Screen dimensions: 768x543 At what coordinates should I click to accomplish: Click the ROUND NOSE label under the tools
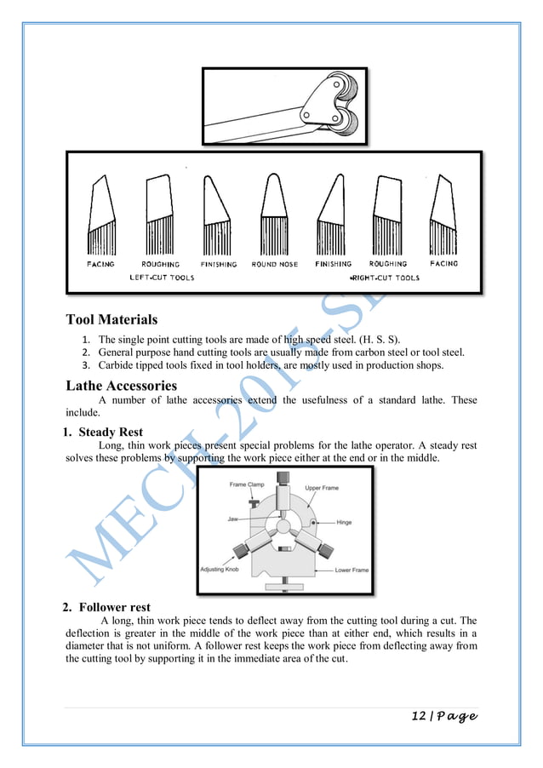[274, 265]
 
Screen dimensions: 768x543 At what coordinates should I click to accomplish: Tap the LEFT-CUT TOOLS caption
[162, 278]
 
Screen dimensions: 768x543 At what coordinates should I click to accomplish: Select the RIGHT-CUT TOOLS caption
[385, 278]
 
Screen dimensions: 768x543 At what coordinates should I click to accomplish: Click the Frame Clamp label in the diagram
[247, 485]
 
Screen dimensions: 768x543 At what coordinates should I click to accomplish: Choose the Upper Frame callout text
[323, 489]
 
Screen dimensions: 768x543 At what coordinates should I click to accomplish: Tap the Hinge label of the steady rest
[344, 522]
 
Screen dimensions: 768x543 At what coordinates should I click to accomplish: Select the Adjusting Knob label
[220, 569]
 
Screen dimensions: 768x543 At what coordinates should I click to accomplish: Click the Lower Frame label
[352, 570]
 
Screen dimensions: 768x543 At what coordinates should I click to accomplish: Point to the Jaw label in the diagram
[232, 518]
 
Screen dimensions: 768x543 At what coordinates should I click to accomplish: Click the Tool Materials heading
[111, 320]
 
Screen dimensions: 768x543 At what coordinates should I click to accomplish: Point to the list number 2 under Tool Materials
[85, 352]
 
